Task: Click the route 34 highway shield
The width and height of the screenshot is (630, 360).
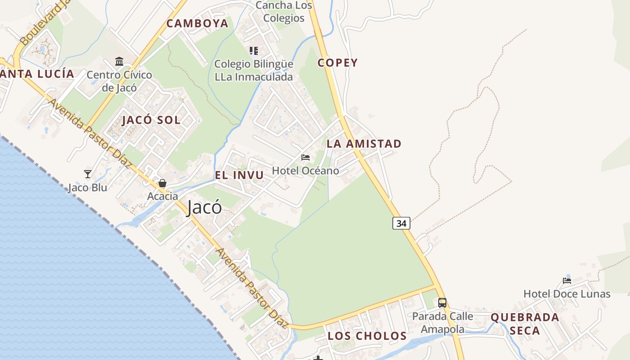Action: pyautogui.click(x=401, y=223)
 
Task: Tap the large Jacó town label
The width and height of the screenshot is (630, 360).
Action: pyautogui.click(x=204, y=207)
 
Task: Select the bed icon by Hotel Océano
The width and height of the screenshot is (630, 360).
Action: pyautogui.click(x=306, y=157)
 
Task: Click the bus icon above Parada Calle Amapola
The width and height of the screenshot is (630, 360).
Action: pyautogui.click(x=442, y=302)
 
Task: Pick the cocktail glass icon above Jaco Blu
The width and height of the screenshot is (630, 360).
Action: pyautogui.click(x=88, y=174)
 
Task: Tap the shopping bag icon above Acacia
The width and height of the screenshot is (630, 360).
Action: pyautogui.click(x=162, y=183)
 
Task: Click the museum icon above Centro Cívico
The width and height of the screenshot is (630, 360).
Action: pyautogui.click(x=119, y=61)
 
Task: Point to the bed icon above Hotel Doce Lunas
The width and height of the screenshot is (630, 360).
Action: pyautogui.click(x=567, y=281)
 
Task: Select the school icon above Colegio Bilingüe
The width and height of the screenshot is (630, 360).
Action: pyautogui.click(x=254, y=51)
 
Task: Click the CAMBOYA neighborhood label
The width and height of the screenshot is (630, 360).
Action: pyautogui.click(x=198, y=23)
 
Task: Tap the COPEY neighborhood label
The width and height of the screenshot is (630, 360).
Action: pyautogui.click(x=337, y=63)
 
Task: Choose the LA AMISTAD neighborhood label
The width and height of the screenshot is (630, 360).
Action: pyautogui.click(x=364, y=144)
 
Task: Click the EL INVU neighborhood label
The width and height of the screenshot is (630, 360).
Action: pyautogui.click(x=239, y=175)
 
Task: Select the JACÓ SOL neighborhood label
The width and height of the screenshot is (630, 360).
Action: pyautogui.click(x=151, y=120)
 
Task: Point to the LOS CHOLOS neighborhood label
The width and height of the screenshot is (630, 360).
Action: pyautogui.click(x=367, y=336)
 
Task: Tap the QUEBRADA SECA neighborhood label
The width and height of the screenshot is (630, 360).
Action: pyautogui.click(x=525, y=324)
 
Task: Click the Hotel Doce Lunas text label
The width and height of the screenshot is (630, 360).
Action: pyautogui.click(x=567, y=294)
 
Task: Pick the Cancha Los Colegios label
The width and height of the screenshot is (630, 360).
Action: pyautogui.click(x=284, y=12)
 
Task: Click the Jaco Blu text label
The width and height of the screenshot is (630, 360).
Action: pyautogui.click(x=88, y=188)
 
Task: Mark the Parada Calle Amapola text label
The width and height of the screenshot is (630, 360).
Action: pyautogui.click(x=443, y=323)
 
